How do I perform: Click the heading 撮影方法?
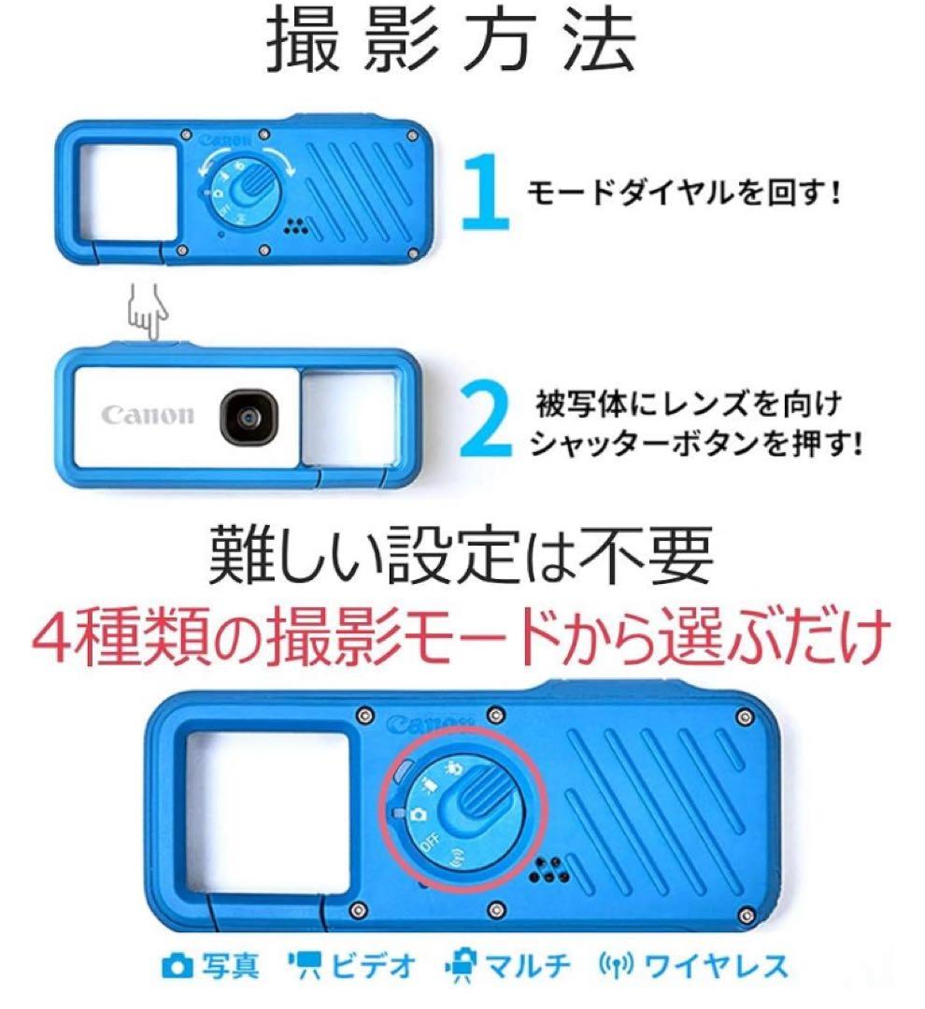tap(452, 42)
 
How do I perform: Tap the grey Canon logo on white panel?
tap(149, 414)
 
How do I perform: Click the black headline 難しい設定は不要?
tap(461, 555)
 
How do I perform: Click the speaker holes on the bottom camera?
tap(548, 870)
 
